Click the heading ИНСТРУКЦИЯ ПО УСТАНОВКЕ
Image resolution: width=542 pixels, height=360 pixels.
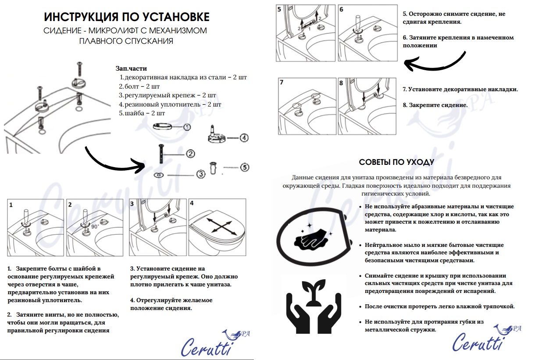pos(127,17)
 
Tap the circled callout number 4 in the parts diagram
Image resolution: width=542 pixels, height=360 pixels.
pos(244,138)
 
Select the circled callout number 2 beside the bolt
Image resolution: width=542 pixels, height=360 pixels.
pos(190,153)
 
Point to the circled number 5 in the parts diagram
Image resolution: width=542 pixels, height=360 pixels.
pos(244,167)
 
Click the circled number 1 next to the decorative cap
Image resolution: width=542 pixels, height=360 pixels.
pos(187,127)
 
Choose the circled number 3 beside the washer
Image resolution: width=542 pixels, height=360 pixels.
pos(201,174)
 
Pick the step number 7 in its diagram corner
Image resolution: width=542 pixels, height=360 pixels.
pos(282,82)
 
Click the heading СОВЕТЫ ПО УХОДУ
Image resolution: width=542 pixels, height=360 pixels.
pos(396,162)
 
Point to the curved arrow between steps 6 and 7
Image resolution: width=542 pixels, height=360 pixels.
pos(434,63)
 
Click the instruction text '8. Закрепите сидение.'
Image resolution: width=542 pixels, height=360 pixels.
pos(435,105)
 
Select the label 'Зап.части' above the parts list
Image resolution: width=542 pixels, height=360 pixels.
pos(131,68)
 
